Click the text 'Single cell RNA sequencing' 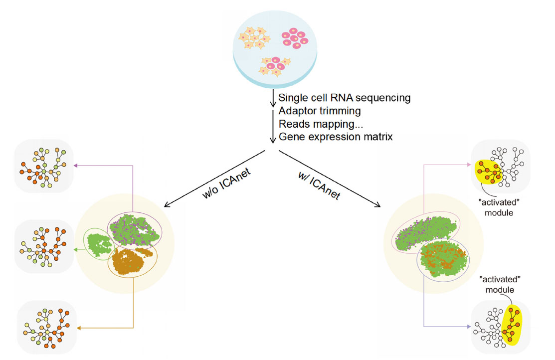coord(345,98)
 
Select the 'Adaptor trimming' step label coord(319,111)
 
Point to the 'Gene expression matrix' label coord(336,136)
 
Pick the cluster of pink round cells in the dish coord(295,38)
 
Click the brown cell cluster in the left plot coord(132,259)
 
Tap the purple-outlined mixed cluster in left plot coord(135,230)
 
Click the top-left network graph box coord(44,166)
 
